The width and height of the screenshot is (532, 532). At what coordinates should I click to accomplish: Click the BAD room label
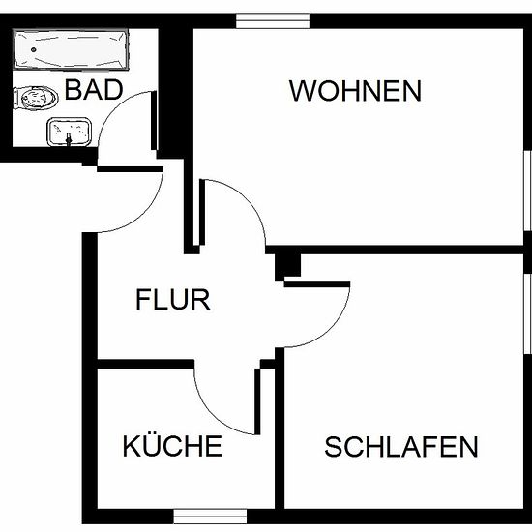(x=94, y=90)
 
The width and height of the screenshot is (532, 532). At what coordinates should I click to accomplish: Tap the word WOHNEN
(x=355, y=91)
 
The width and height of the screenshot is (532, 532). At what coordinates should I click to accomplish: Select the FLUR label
(x=173, y=300)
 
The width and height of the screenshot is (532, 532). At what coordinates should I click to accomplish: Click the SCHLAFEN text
(x=401, y=447)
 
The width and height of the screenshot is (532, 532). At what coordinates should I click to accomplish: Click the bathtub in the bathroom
(x=71, y=49)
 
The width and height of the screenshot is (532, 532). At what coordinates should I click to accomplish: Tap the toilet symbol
(x=35, y=98)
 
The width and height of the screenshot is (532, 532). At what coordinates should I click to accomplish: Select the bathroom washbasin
(x=70, y=132)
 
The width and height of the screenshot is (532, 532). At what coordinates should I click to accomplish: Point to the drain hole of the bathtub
(x=33, y=50)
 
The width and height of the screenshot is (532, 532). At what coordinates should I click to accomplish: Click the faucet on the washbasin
(x=70, y=139)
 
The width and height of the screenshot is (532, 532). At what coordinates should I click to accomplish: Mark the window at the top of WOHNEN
(x=273, y=20)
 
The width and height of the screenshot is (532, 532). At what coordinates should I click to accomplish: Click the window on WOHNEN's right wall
(x=527, y=191)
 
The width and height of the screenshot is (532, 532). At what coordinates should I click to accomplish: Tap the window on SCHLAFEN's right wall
(x=527, y=313)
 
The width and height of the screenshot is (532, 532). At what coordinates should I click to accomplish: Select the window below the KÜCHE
(x=210, y=517)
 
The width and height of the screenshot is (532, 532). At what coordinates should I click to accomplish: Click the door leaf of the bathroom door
(x=154, y=121)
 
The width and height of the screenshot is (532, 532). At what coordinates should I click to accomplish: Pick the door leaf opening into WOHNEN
(x=202, y=212)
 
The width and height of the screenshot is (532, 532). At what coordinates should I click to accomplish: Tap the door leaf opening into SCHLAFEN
(x=317, y=284)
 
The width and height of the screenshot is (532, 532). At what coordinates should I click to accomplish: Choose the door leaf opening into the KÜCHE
(x=257, y=401)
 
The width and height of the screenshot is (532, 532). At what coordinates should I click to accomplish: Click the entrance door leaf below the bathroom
(x=131, y=169)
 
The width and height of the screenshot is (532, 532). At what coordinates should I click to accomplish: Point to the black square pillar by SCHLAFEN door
(x=287, y=266)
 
